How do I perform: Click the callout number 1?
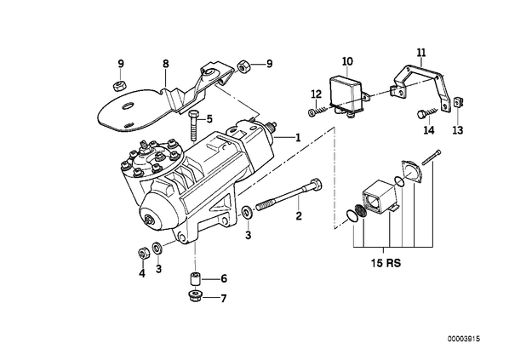298,138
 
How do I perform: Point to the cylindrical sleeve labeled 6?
195,279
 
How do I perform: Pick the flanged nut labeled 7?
195,296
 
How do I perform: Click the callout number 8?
166,64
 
